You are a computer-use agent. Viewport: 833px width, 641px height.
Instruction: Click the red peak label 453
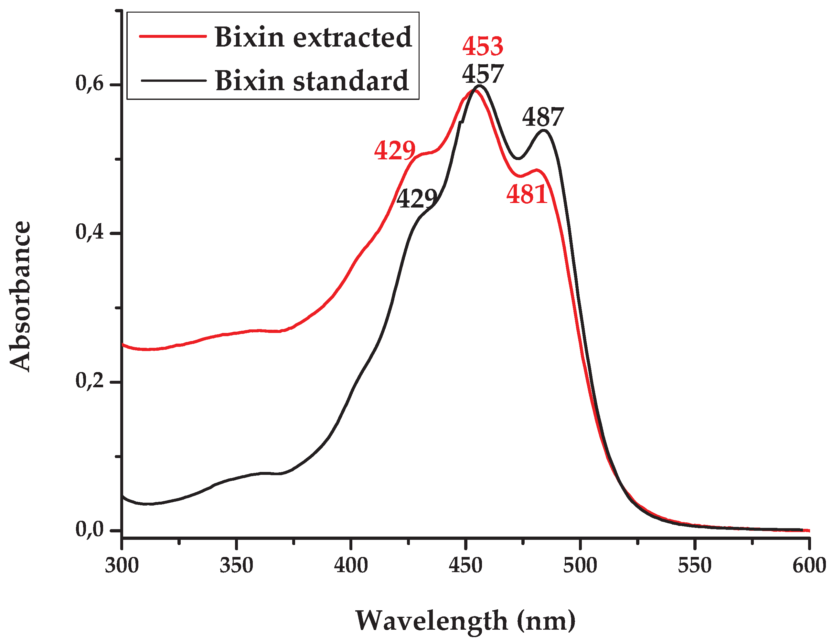point(483,47)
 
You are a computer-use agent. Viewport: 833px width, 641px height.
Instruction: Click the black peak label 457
point(483,74)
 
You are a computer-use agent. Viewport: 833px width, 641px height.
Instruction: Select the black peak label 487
point(543,117)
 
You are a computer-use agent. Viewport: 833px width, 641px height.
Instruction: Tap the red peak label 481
point(527,195)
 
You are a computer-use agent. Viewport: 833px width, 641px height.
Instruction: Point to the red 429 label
point(395,150)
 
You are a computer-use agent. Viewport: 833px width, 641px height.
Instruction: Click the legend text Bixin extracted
point(313,37)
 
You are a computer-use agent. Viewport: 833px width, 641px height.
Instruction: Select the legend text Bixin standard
point(312,81)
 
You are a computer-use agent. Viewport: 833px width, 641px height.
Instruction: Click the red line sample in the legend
point(173,37)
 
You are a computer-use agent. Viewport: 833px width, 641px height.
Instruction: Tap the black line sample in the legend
point(173,80)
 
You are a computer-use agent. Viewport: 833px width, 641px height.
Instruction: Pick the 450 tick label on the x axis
point(465,565)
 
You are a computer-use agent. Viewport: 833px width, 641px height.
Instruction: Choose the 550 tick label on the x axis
point(695,565)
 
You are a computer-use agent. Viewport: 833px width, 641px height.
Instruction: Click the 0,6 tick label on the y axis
point(90,83)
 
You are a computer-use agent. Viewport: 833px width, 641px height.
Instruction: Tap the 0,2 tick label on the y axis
point(90,380)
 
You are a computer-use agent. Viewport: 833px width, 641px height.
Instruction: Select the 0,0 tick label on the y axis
point(90,529)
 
